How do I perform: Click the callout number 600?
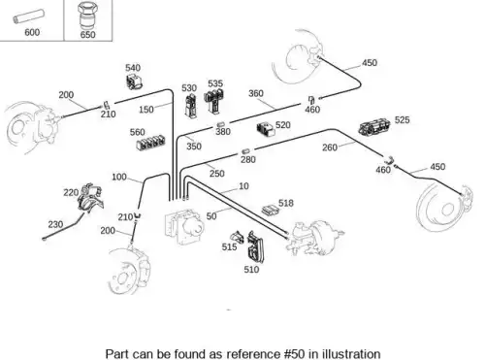click(32, 32)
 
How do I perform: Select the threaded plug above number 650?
click(87, 16)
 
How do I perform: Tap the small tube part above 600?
click(28, 16)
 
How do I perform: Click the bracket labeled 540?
click(134, 81)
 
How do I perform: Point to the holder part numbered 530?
click(190, 106)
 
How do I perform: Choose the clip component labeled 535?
click(214, 101)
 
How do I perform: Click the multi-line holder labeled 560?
click(150, 143)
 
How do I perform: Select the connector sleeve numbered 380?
click(220, 124)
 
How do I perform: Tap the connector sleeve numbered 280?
click(245, 151)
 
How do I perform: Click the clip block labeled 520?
click(266, 129)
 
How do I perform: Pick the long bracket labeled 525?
click(374, 127)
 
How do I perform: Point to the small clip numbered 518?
click(270, 210)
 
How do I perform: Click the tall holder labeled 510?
click(255, 246)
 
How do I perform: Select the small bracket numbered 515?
click(237, 237)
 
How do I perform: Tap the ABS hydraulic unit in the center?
click(183, 226)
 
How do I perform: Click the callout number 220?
click(71, 193)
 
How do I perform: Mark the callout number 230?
click(55, 224)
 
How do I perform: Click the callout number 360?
click(256, 93)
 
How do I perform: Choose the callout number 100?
click(119, 177)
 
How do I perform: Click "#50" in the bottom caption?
click(294, 353)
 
